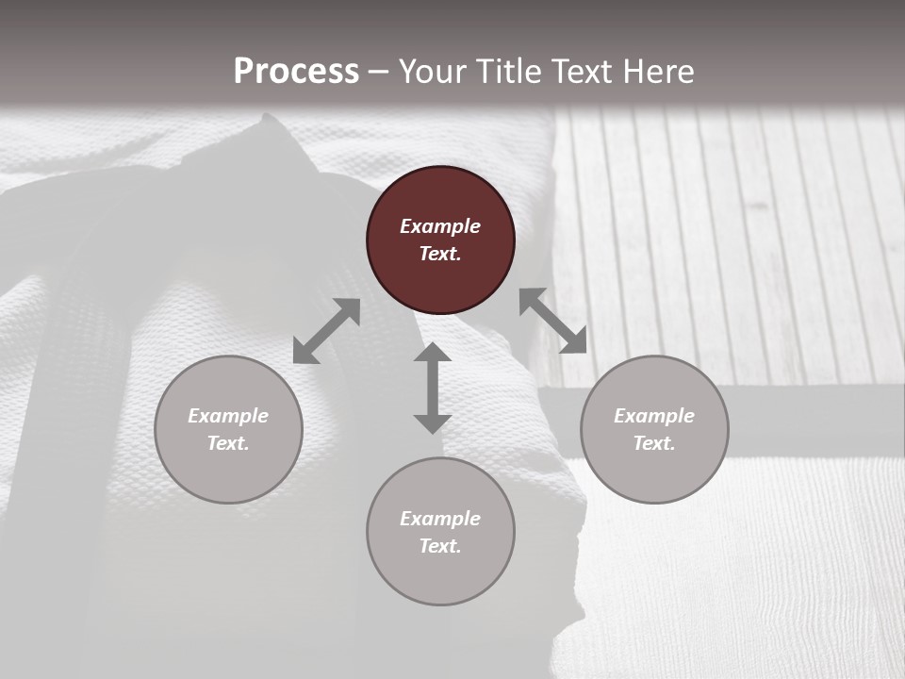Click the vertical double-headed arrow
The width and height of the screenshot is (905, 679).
tap(433, 388)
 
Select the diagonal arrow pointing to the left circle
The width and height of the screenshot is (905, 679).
tap(326, 331)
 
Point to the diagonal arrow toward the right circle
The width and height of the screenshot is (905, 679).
tap(553, 321)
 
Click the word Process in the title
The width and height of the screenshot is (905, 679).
tap(296, 72)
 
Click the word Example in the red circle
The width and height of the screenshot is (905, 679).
tap(440, 226)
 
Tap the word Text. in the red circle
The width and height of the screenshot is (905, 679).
tap(440, 254)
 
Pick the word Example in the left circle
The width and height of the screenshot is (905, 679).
tap(228, 416)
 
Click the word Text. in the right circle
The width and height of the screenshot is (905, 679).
tap(654, 443)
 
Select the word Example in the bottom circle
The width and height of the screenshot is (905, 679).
tap(440, 519)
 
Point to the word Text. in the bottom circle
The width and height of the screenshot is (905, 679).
tap(440, 546)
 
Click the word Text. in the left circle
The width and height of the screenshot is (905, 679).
tap(228, 443)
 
